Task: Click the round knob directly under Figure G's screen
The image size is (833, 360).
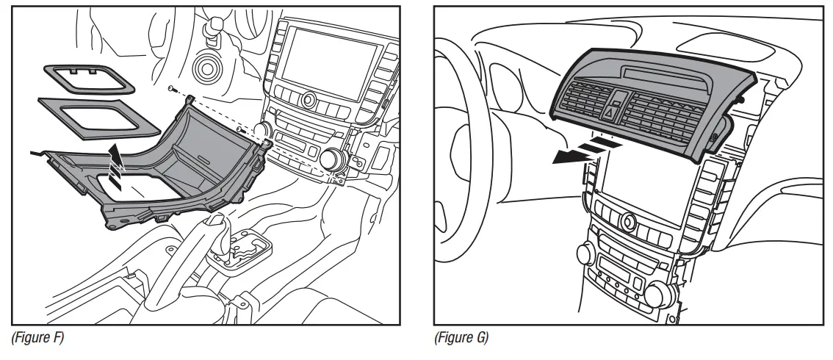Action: click(627, 220)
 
